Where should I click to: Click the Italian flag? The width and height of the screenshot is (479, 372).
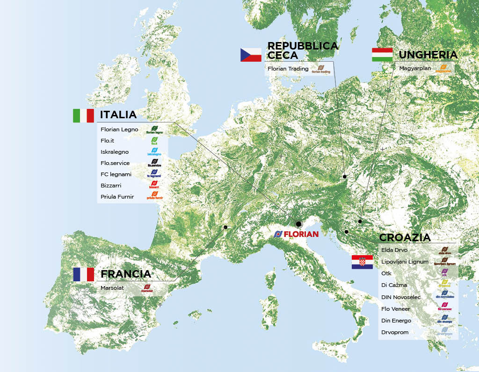pos(83,115)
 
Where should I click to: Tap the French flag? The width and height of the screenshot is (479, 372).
pos(83,274)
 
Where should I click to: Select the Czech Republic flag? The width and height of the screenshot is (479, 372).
pos(251,55)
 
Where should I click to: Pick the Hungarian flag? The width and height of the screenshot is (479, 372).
pos(382,55)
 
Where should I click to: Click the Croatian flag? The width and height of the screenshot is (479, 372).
pos(362,262)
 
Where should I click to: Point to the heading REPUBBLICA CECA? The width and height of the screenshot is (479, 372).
pos(302,50)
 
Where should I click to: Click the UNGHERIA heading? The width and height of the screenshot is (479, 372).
pos(428,55)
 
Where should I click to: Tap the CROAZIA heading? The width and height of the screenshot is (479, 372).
pos(405,237)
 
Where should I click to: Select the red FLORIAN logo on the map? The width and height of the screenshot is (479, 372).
pos(296,234)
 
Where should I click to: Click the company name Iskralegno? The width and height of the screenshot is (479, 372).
pos(114,152)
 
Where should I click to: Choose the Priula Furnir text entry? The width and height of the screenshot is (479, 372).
pos(117,197)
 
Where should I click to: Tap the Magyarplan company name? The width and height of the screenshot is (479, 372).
pos(414,68)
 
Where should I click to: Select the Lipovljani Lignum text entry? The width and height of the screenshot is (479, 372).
pos(405,262)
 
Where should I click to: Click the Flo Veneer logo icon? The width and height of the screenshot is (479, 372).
pos(444,307)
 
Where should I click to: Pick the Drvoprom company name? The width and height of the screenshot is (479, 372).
pos(395,332)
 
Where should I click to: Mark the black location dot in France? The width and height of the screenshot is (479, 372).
pos(225,227)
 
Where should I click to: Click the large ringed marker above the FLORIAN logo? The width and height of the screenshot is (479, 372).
pos(299,224)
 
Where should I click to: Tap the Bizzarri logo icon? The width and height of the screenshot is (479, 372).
pos(154,185)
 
